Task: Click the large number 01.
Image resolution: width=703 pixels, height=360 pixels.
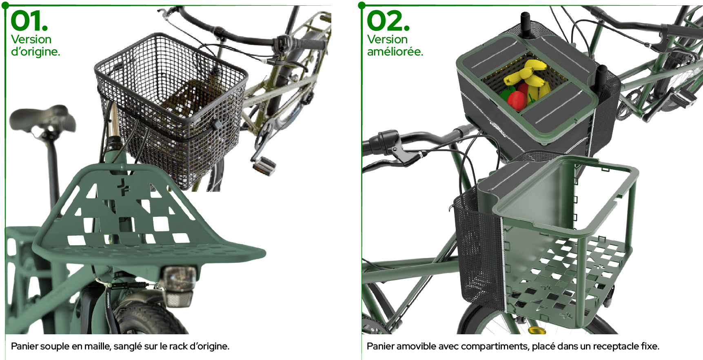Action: [x=29, y=21]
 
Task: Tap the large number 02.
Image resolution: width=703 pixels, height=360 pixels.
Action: [x=388, y=21]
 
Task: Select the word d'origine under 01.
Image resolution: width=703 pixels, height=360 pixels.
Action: [x=35, y=52]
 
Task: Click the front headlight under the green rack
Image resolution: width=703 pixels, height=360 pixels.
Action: [x=178, y=286]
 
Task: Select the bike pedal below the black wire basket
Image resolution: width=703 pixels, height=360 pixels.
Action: [x=264, y=165]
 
